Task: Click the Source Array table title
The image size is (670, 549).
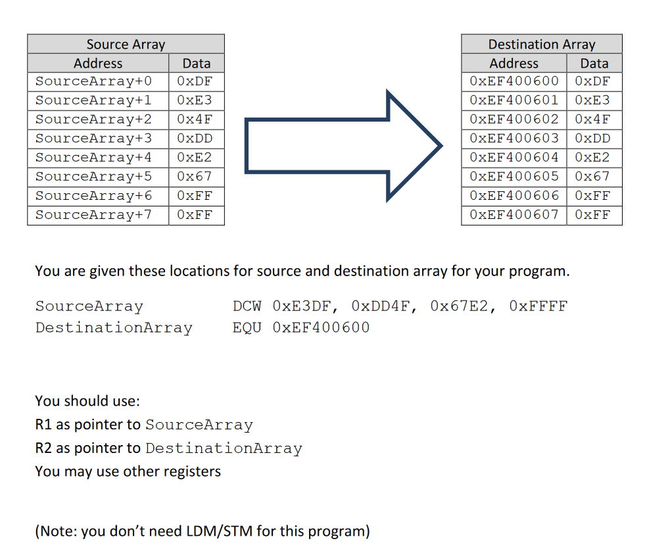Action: pos(126,44)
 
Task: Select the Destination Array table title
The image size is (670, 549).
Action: pos(541,44)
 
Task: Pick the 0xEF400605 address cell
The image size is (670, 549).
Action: pos(514,176)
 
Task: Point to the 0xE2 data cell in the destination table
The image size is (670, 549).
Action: pos(592,157)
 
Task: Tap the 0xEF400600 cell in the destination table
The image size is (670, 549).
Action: pos(514,81)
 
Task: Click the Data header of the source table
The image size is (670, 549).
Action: pos(196,63)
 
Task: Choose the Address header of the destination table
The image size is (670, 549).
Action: pos(514,63)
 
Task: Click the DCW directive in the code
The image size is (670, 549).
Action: pos(247,306)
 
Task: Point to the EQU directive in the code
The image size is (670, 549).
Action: pos(247,327)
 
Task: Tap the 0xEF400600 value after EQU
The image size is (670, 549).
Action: pos(321,327)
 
